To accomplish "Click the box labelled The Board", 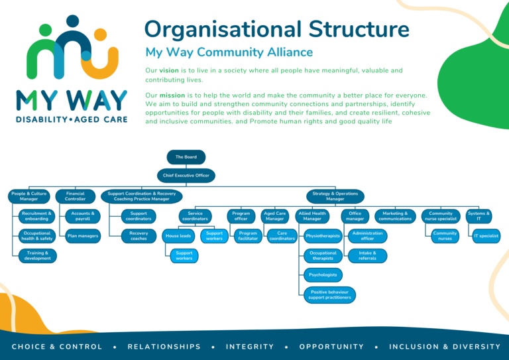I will coord(186,157).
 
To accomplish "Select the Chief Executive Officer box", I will coord(186,176).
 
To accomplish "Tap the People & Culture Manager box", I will coord(28,196).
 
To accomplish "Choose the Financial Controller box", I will coord(75,196).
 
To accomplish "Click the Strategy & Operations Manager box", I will coord(335,196).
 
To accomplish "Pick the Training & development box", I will coord(37,256).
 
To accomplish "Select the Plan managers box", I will coord(83,235).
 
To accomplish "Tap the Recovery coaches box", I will coord(139,236).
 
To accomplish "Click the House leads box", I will coord(178,236).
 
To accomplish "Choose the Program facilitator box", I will coord(248,236).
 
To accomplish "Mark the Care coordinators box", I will coord(282,236).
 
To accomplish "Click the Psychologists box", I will coord(323,274).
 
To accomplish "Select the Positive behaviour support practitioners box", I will coord(329,295).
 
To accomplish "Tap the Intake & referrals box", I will coord(367,256).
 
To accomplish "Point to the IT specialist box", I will coord(485,236).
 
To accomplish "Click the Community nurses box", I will coord(445,236).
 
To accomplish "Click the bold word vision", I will coord(168,70).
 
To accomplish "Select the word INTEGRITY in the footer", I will coord(250,347).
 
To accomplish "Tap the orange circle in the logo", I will coord(100,34).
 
